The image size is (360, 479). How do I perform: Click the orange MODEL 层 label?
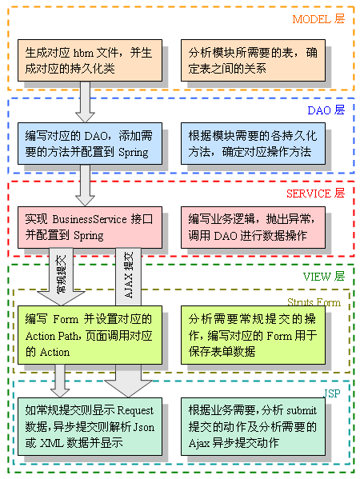pyautogui.click(x=318, y=19)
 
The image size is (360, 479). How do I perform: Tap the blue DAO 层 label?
pyautogui.click(x=326, y=110)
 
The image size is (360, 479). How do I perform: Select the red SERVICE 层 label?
pyautogui.click(x=315, y=194)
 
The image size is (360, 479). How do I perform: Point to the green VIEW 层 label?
pyautogui.click(x=324, y=277)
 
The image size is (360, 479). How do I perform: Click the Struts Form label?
pyautogui.click(x=314, y=302)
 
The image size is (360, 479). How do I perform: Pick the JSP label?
pyautogui.click(x=332, y=393)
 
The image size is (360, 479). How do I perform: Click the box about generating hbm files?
pyautogui.click(x=90, y=60)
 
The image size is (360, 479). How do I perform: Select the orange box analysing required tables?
pyautogui.click(x=253, y=60)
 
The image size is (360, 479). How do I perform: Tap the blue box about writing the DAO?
pyautogui.click(x=90, y=144)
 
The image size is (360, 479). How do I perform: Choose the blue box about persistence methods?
pyautogui.click(x=253, y=144)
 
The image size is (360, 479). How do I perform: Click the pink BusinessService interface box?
pyautogui.click(x=90, y=227)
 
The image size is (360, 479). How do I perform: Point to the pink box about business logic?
pyautogui.click(x=253, y=227)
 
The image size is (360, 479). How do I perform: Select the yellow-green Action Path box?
pyautogui.click(x=90, y=335)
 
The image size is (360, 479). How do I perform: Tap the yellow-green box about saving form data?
pyautogui.click(x=253, y=335)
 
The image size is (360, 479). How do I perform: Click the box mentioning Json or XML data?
pyautogui.click(x=90, y=426)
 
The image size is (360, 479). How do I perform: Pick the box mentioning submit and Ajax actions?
pyautogui.click(x=253, y=426)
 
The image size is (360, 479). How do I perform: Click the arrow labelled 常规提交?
pyautogui.click(x=61, y=277)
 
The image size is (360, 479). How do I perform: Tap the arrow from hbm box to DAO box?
pyautogui.click(x=85, y=102)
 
